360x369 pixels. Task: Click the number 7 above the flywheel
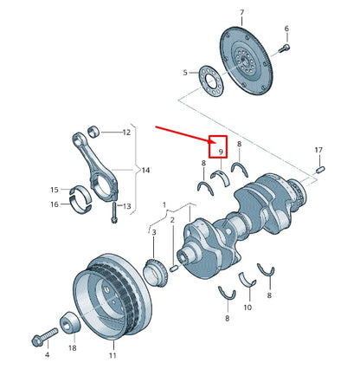241,13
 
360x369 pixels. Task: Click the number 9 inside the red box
221,152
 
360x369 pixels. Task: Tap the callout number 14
145,171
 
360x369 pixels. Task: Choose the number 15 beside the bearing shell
54,190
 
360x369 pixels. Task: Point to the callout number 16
54,204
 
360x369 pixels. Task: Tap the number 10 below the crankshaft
247,306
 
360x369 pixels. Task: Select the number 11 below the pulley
111,354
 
